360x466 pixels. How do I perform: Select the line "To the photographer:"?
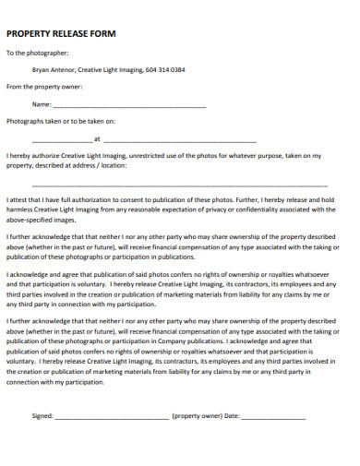coord(38,54)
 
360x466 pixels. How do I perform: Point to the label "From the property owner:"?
coord(44,87)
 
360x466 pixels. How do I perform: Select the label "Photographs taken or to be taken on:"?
coord(61,121)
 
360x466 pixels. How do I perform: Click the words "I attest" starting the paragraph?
coord(18,198)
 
